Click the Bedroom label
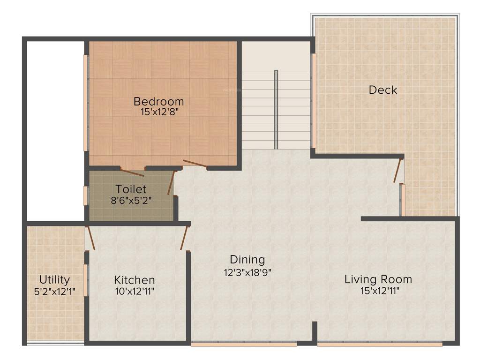click(x=158, y=101)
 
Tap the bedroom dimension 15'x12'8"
click(x=158, y=112)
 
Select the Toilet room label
click(x=131, y=189)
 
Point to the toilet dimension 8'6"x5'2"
click(x=131, y=200)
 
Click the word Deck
click(x=382, y=90)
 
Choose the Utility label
click(x=55, y=280)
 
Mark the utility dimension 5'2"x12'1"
click(x=55, y=291)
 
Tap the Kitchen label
click(x=135, y=280)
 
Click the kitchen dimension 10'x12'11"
click(x=135, y=291)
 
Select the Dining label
click(x=247, y=259)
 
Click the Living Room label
click(x=378, y=279)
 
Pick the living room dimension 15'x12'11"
click(x=378, y=290)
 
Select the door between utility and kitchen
click(x=90, y=238)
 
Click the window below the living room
click(x=380, y=344)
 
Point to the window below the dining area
click(x=244, y=344)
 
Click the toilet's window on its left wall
click(x=85, y=195)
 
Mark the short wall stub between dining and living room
click(x=315, y=331)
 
